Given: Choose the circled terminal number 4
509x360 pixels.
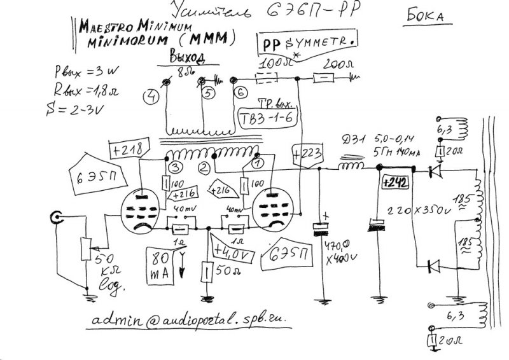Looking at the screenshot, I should coord(151,97).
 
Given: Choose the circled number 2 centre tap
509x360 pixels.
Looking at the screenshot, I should coord(202,168).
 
